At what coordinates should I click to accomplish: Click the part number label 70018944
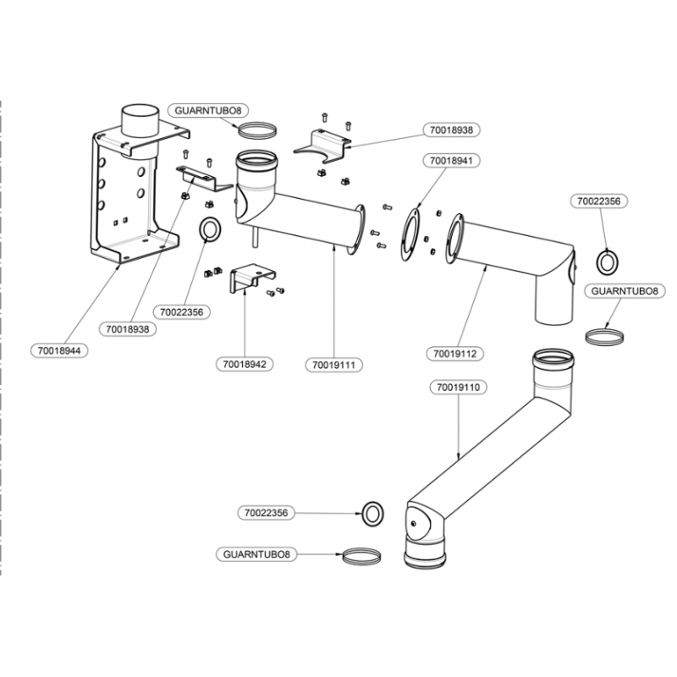coord(59,350)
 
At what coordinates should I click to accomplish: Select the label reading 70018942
coord(245,364)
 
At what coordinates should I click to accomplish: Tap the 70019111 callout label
coord(333,365)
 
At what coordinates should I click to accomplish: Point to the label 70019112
coord(454,354)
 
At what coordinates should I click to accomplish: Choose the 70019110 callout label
coord(458,388)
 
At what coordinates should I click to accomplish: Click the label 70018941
coord(451,161)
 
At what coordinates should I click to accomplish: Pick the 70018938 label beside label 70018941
coord(451,129)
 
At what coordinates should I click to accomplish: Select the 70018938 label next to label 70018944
coord(128,329)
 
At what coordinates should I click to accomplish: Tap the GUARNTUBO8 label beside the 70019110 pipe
coord(256,554)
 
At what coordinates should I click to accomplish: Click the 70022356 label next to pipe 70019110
coord(266,513)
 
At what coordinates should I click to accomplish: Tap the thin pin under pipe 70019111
coord(255,238)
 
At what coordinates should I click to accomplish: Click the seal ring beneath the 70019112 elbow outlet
coord(604,336)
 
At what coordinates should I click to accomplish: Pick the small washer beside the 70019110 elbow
coord(372,514)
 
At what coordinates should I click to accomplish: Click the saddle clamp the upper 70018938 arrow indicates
coord(322,146)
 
